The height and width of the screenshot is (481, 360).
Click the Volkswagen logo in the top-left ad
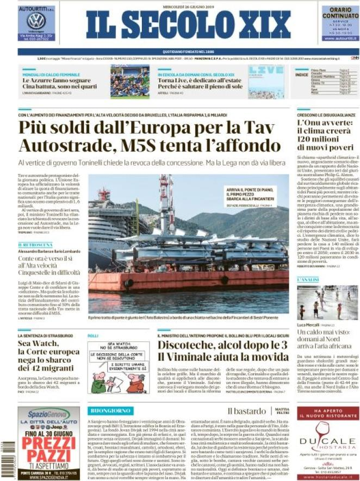[36, 21]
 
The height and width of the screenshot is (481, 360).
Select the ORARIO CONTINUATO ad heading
[340, 13]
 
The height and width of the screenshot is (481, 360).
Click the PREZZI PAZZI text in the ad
[48, 443]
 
